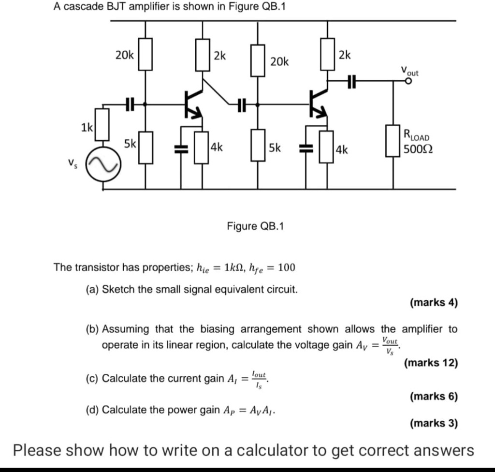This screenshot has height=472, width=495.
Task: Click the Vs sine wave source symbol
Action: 102,165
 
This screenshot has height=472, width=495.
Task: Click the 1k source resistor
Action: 102,124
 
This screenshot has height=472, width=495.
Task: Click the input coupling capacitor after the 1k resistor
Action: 129,103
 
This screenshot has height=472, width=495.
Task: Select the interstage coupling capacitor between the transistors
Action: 241,103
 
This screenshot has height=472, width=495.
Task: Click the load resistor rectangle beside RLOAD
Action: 392,141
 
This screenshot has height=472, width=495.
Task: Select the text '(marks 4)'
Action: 433,303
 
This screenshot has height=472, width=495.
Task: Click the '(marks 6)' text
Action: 433,397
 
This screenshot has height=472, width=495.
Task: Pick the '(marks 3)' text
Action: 433,424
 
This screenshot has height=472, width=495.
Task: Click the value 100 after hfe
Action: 286,267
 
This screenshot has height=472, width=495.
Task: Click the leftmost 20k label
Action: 125,56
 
